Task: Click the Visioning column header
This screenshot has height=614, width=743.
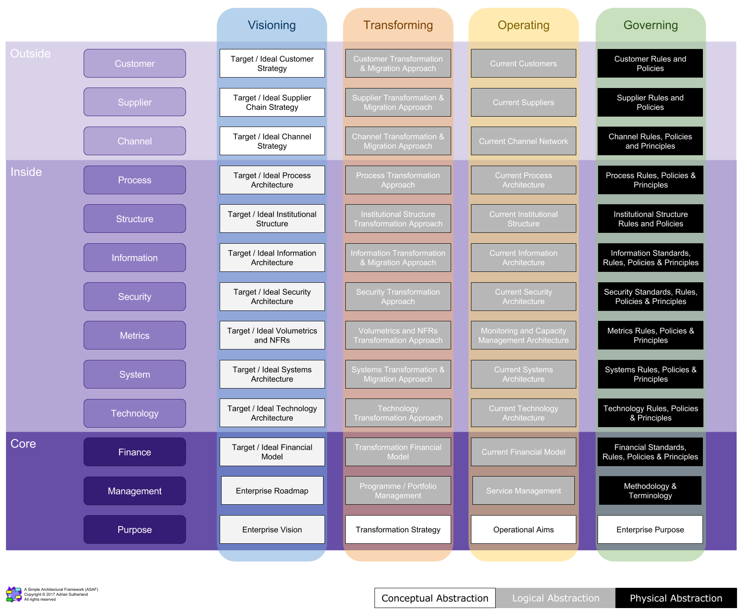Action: [272, 25]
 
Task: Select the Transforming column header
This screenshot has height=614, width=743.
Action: [398, 25]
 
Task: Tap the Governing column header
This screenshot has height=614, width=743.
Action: [650, 25]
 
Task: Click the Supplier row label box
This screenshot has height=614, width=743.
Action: [135, 102]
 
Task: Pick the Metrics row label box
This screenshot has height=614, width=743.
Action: [135, 336]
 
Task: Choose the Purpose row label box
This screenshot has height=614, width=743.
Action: [135, 530]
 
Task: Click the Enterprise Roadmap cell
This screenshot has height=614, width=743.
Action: [272, 491]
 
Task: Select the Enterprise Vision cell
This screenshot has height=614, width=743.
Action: [272, 530]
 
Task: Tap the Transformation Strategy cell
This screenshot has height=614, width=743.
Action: [398, 530]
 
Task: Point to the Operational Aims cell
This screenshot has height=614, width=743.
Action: [523, 530]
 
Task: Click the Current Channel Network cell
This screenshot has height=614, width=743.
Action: [523, 141]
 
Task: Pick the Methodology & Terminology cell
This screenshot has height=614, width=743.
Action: [650, 491]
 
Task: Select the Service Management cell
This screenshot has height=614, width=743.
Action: [523, 491]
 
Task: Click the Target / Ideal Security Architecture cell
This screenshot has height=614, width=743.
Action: [272, 297]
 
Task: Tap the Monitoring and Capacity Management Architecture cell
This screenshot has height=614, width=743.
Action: [523, 336]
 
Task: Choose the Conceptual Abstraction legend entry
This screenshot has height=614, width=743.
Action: [435, 598]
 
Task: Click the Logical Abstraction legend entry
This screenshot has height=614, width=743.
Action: [556, 598]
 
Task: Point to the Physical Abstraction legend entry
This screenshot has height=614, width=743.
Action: [676, 598]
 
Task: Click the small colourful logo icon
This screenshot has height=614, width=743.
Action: [14, 594]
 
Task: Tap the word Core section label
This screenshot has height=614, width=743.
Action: [23, 444]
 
